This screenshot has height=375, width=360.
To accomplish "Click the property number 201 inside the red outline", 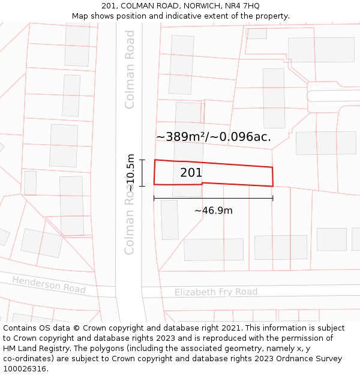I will pos(191,173).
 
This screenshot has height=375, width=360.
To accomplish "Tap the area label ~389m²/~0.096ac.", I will pos(213,137).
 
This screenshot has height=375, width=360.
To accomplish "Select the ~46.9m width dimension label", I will pos(213,211).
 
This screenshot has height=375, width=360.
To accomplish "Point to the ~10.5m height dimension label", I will pos(131,172).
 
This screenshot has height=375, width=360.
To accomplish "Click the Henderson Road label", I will pos(49,284).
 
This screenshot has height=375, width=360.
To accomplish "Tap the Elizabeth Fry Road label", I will pos(216,292).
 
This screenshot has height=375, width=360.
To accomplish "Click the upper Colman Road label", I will pos(130,69).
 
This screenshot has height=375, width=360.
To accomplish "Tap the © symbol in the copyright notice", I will pos(77,328).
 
